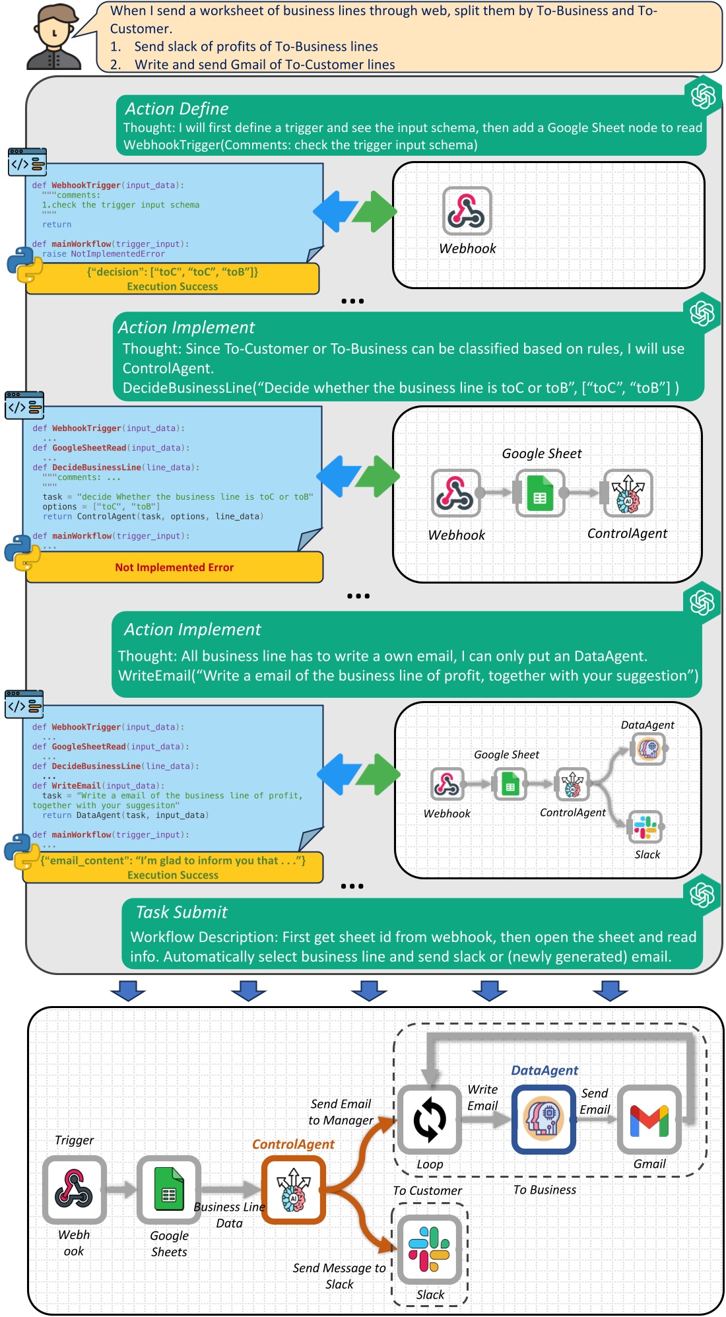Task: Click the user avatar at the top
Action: click(x=54, y=37)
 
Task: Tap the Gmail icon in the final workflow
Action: click(x=649, y=1120)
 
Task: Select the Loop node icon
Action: click(x=429, y=1120)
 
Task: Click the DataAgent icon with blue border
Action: click(x=543, y=1120)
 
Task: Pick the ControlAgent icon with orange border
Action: click(x=294, y=1190)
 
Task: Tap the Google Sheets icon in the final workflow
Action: click(x=169, y=1189)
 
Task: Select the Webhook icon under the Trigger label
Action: click(x=74, y=1189)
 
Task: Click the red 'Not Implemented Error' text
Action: click(x=174, y=568)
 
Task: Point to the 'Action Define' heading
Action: click(x=177, y=109)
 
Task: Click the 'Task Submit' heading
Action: click(x=181, y=912)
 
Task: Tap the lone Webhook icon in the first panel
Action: click(x=467, y=211)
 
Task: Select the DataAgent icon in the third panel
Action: click(x=648, y=749)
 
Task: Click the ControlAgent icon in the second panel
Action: click(x=628, y=493)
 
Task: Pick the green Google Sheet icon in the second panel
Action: click(x=540, y=493)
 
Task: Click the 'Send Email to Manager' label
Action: click(x=341, y=1112)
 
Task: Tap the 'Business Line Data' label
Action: click(x=229, y=1215)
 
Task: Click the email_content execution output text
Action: click(x=173, y=861)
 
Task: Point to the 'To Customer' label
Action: click(x=427, y=1191)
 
